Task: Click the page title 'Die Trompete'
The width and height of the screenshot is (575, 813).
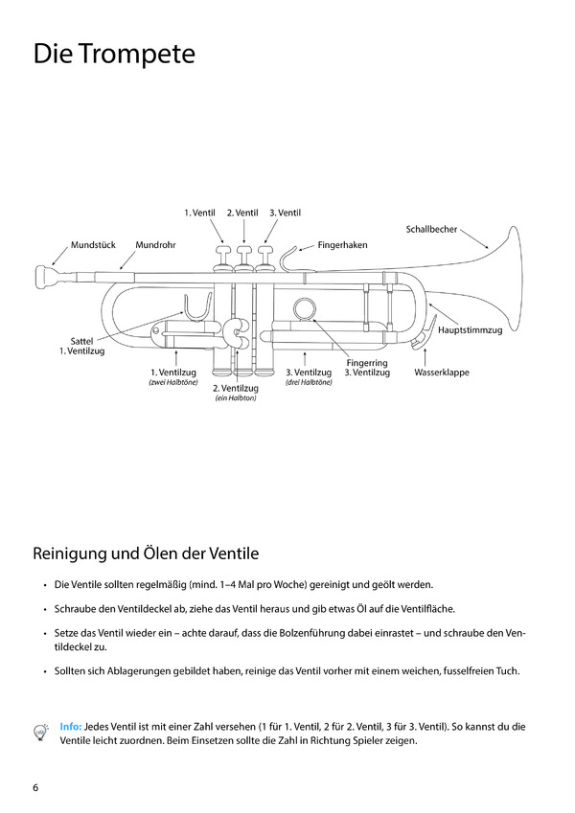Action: pyautogui.click(x=113, y=55)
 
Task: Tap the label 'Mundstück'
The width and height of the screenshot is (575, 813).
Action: pyautogui.click(x=93, y=245)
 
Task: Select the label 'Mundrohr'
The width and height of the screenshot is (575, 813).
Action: pyautogui.click(x=155, y=245)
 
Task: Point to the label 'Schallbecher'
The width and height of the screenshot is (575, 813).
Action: pyautogui.click(x=432, y=230)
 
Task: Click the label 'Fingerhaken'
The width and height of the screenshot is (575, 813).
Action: pyautogui.click(x=342, y=245)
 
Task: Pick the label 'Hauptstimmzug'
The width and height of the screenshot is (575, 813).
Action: pyautogui.click(x=470, y=330)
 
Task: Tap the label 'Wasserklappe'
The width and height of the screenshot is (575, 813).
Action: pyautogui.click(x=442, y=372)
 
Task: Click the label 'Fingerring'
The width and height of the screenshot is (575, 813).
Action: pyautogui.click(x=367, y=363)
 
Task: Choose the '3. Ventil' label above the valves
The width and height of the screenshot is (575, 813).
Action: pyautogui.click(x=285, y=212)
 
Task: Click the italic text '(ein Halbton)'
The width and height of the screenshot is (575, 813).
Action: pyautogui.click(x=235, y=398)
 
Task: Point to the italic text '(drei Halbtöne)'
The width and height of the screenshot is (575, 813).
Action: pyautogui.click(x=309, y=382)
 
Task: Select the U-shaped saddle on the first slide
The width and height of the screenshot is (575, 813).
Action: pyautogui.click(x=198, y=309)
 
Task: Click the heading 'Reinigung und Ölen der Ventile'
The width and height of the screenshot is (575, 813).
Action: pyautogui.click(x=146, y=553)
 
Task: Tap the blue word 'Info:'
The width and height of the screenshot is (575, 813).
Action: pyautogui.click(x=70, y=727)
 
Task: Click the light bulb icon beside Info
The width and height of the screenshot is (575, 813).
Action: pyautogui.click(x=41, y=732)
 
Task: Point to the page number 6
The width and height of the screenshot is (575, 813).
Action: pyautogui.click(x=36, y=787)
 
